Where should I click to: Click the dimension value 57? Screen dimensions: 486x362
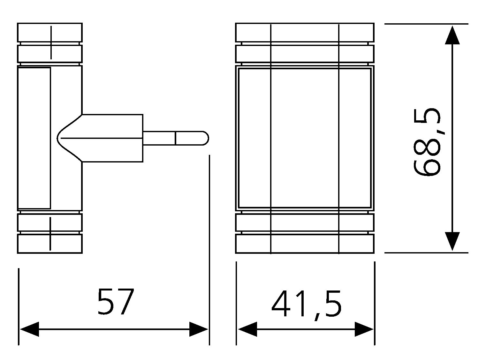coord(116,302)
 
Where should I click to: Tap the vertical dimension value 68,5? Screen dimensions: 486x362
coord(427,142)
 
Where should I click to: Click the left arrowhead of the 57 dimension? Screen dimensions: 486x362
coord(29,329)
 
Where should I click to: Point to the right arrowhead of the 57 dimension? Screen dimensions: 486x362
coord(199,329)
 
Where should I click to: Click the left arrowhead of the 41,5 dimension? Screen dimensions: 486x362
coord(247,329)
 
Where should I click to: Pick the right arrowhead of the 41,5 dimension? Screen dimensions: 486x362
coord(364,329)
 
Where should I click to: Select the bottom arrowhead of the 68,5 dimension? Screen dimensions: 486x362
coord(452,241)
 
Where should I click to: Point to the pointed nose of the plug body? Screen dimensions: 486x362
coord(57,138)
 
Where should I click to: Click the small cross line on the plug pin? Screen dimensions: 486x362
coord(176,138)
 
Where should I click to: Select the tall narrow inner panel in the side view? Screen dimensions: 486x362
coord(34,138)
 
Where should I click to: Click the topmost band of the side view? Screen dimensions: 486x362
coord(50,33)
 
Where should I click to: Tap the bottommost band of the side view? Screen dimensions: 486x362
coord(50,244)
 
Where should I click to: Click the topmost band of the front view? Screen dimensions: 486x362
coord(305,33)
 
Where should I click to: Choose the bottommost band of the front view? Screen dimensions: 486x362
coord(305,244)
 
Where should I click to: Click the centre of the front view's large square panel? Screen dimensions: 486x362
coord(305,138)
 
